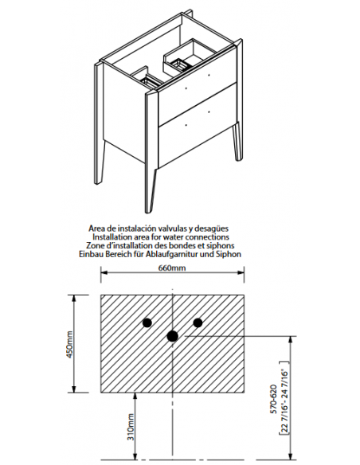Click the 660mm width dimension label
tap(172, 268)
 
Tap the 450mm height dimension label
tap(69, 344)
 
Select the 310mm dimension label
tap(131, 427)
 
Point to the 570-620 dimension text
tap(273, 399)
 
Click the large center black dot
tap(172, 336)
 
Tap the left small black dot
tap(147, 322)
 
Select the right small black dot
tap(198, 322)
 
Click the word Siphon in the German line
tap(229, 254)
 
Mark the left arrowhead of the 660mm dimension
tap(104, 272)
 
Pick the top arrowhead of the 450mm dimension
tap(74, 298)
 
